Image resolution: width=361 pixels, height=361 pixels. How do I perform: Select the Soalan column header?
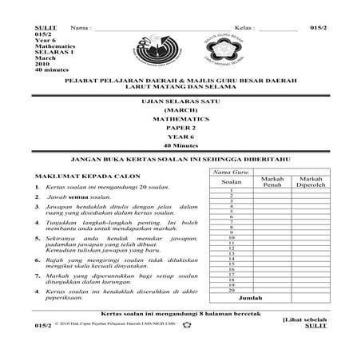coord(231,181)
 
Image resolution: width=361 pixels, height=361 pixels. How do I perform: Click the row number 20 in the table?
coord(231,290)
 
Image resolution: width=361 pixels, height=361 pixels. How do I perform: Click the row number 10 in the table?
coord(231,237)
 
